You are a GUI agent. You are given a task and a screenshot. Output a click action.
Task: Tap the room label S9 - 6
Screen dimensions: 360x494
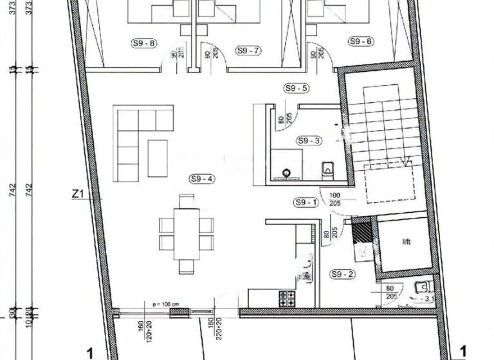coord(361,41)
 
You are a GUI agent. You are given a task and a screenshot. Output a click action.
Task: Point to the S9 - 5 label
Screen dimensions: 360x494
coord(297,88)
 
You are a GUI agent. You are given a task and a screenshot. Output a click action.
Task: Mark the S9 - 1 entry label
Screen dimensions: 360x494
coord(306,203)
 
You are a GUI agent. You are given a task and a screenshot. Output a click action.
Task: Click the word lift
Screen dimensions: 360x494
coord(407,242)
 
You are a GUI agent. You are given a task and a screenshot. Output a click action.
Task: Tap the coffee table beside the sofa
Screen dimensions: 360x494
coord(158,157)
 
